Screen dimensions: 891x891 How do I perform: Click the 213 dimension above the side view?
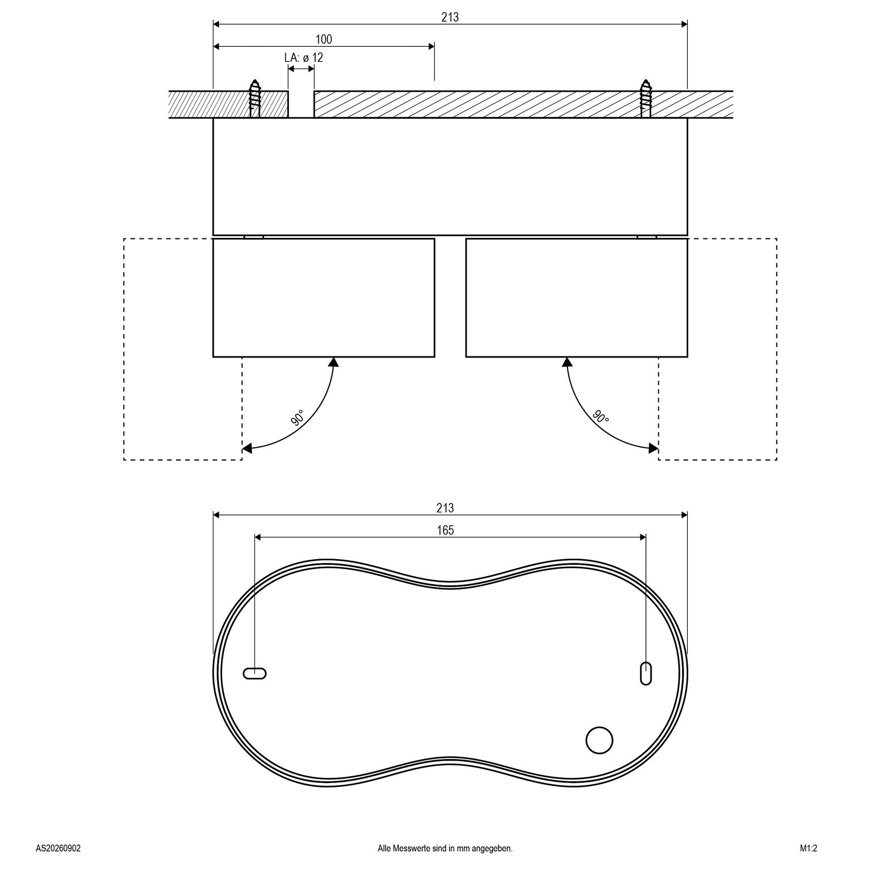tap(450, 17)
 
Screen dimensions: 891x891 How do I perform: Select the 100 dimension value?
tap(324, 40)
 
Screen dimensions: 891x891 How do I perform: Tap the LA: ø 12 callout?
tap(303, 58)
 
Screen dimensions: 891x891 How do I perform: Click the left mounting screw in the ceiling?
tap(255, 98)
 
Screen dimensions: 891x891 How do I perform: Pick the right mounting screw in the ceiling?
tap(646, 98)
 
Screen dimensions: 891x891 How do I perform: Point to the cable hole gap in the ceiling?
tap(301, 104)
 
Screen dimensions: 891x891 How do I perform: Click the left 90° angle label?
tap(297, 418)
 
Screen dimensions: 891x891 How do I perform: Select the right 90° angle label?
tap(601, 417)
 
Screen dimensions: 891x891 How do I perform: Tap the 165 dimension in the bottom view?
tap(445, 530)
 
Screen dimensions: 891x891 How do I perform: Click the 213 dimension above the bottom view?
tap(445, 508)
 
